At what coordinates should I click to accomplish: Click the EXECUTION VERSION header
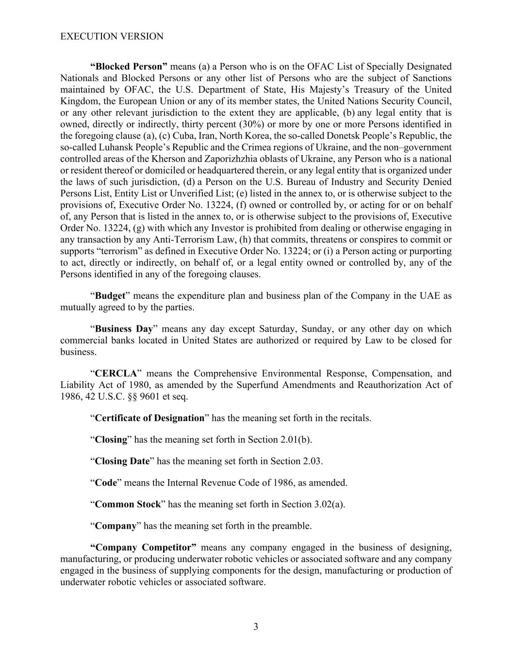[112, 36]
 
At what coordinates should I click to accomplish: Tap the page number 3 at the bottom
[256, 627]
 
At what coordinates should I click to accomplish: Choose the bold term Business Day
[124, 329]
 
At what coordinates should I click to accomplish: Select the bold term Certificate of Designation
[149, 418]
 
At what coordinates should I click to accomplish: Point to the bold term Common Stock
[127, 504]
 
